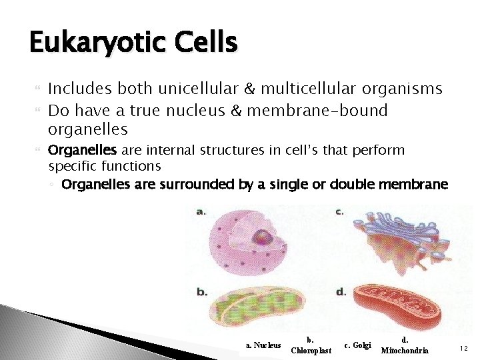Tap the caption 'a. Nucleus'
[x=263, y=345]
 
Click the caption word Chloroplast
[x=311, y=351]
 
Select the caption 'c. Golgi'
[x=357, y=345]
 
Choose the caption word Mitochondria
[x=405, y=351]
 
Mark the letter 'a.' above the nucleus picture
[x=201, y=211]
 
